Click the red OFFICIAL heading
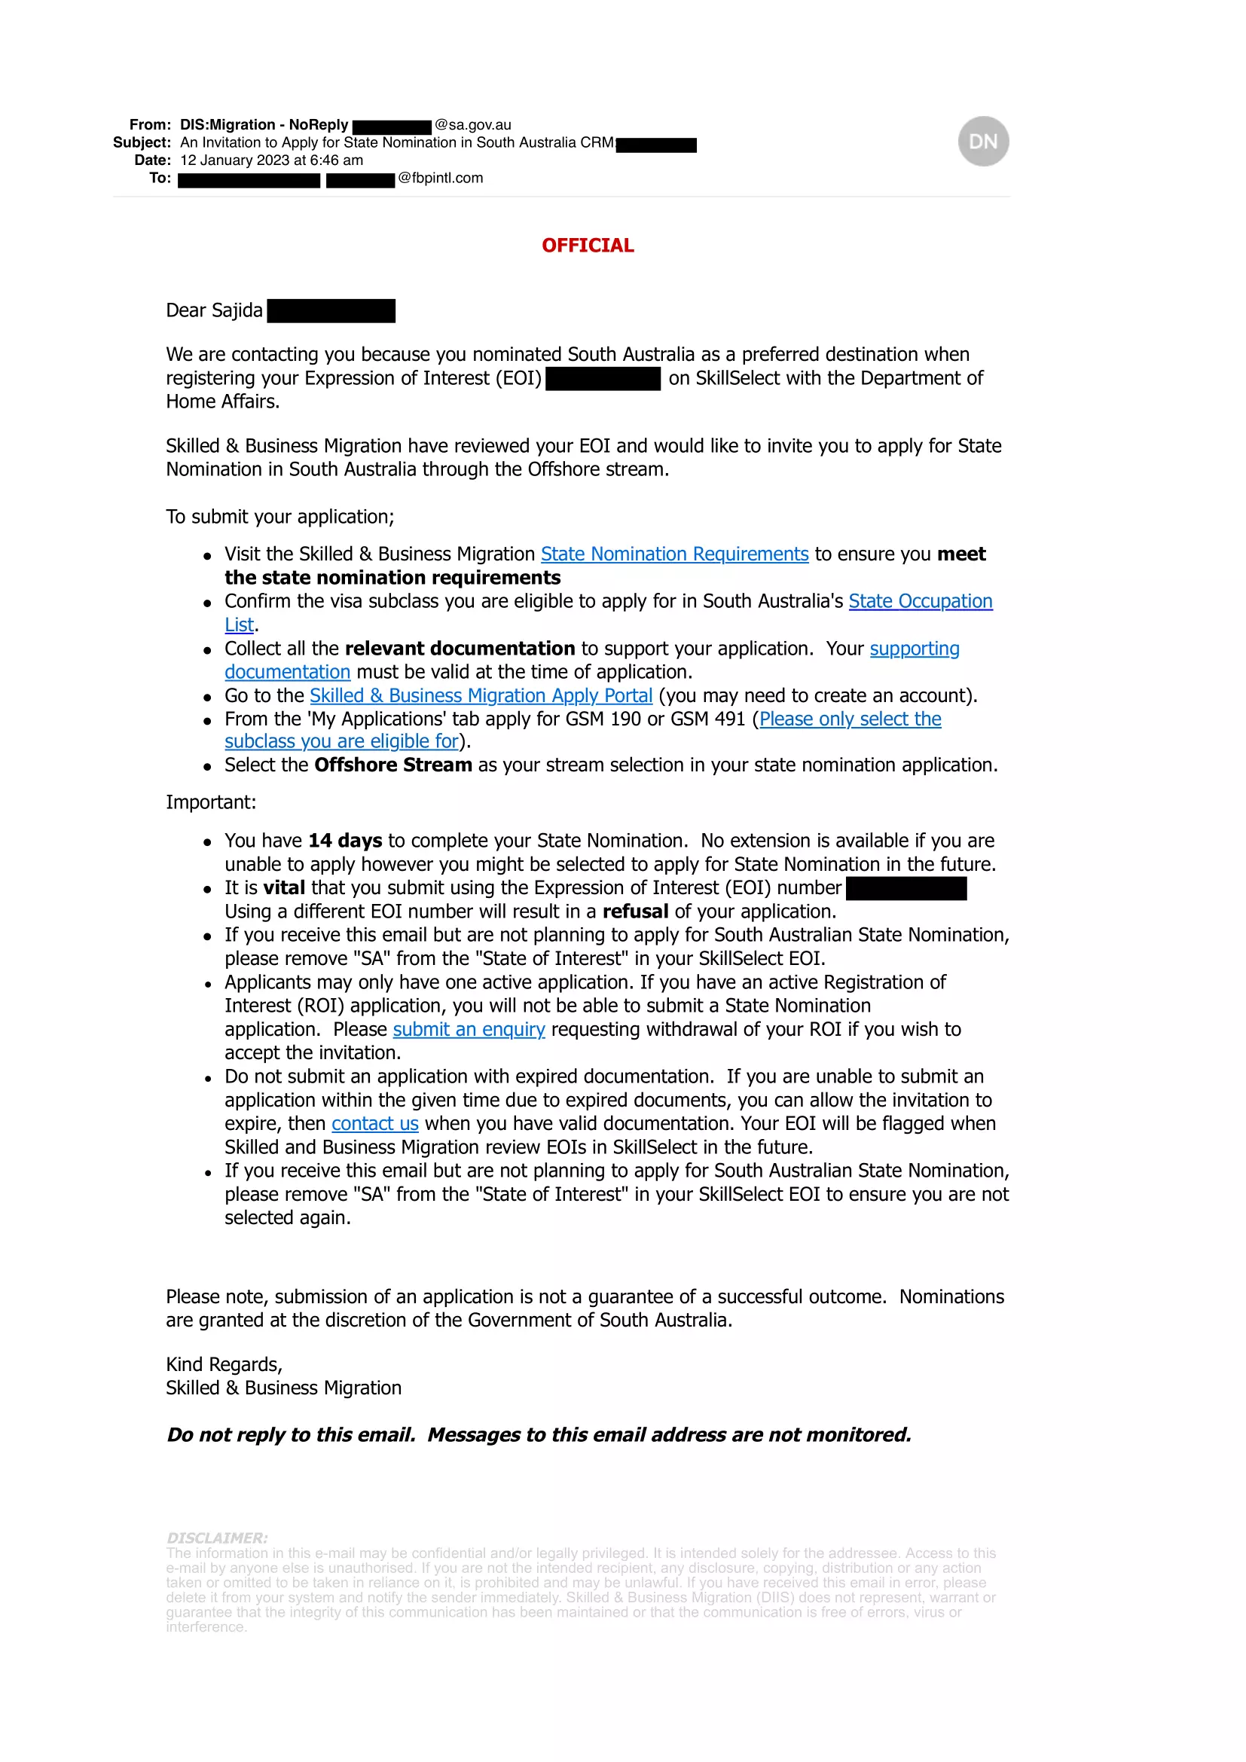tap(588, 246)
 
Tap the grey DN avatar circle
tap(983, 141)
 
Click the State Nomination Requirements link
tap(674, 554)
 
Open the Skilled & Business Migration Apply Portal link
tap(481, 695)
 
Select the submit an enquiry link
tap(469, 1029)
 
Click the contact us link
tap(375, 1123)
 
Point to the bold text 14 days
tap(345, 841)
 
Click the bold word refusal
tap(635, 911)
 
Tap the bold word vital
tap(284, 888)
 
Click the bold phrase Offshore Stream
tap(392, 765)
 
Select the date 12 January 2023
tap(235, 160)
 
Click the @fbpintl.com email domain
tap(441, 178)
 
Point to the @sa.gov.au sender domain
tap(472, 125)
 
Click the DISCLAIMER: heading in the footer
tap(217, 1538)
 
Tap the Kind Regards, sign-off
tap(224, 1364)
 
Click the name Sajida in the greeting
tap(237, 310)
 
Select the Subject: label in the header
tap(142, 142)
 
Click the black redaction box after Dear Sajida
tap(331, 311)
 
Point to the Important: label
tap(211, 802)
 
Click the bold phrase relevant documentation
tap(460, 649)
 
